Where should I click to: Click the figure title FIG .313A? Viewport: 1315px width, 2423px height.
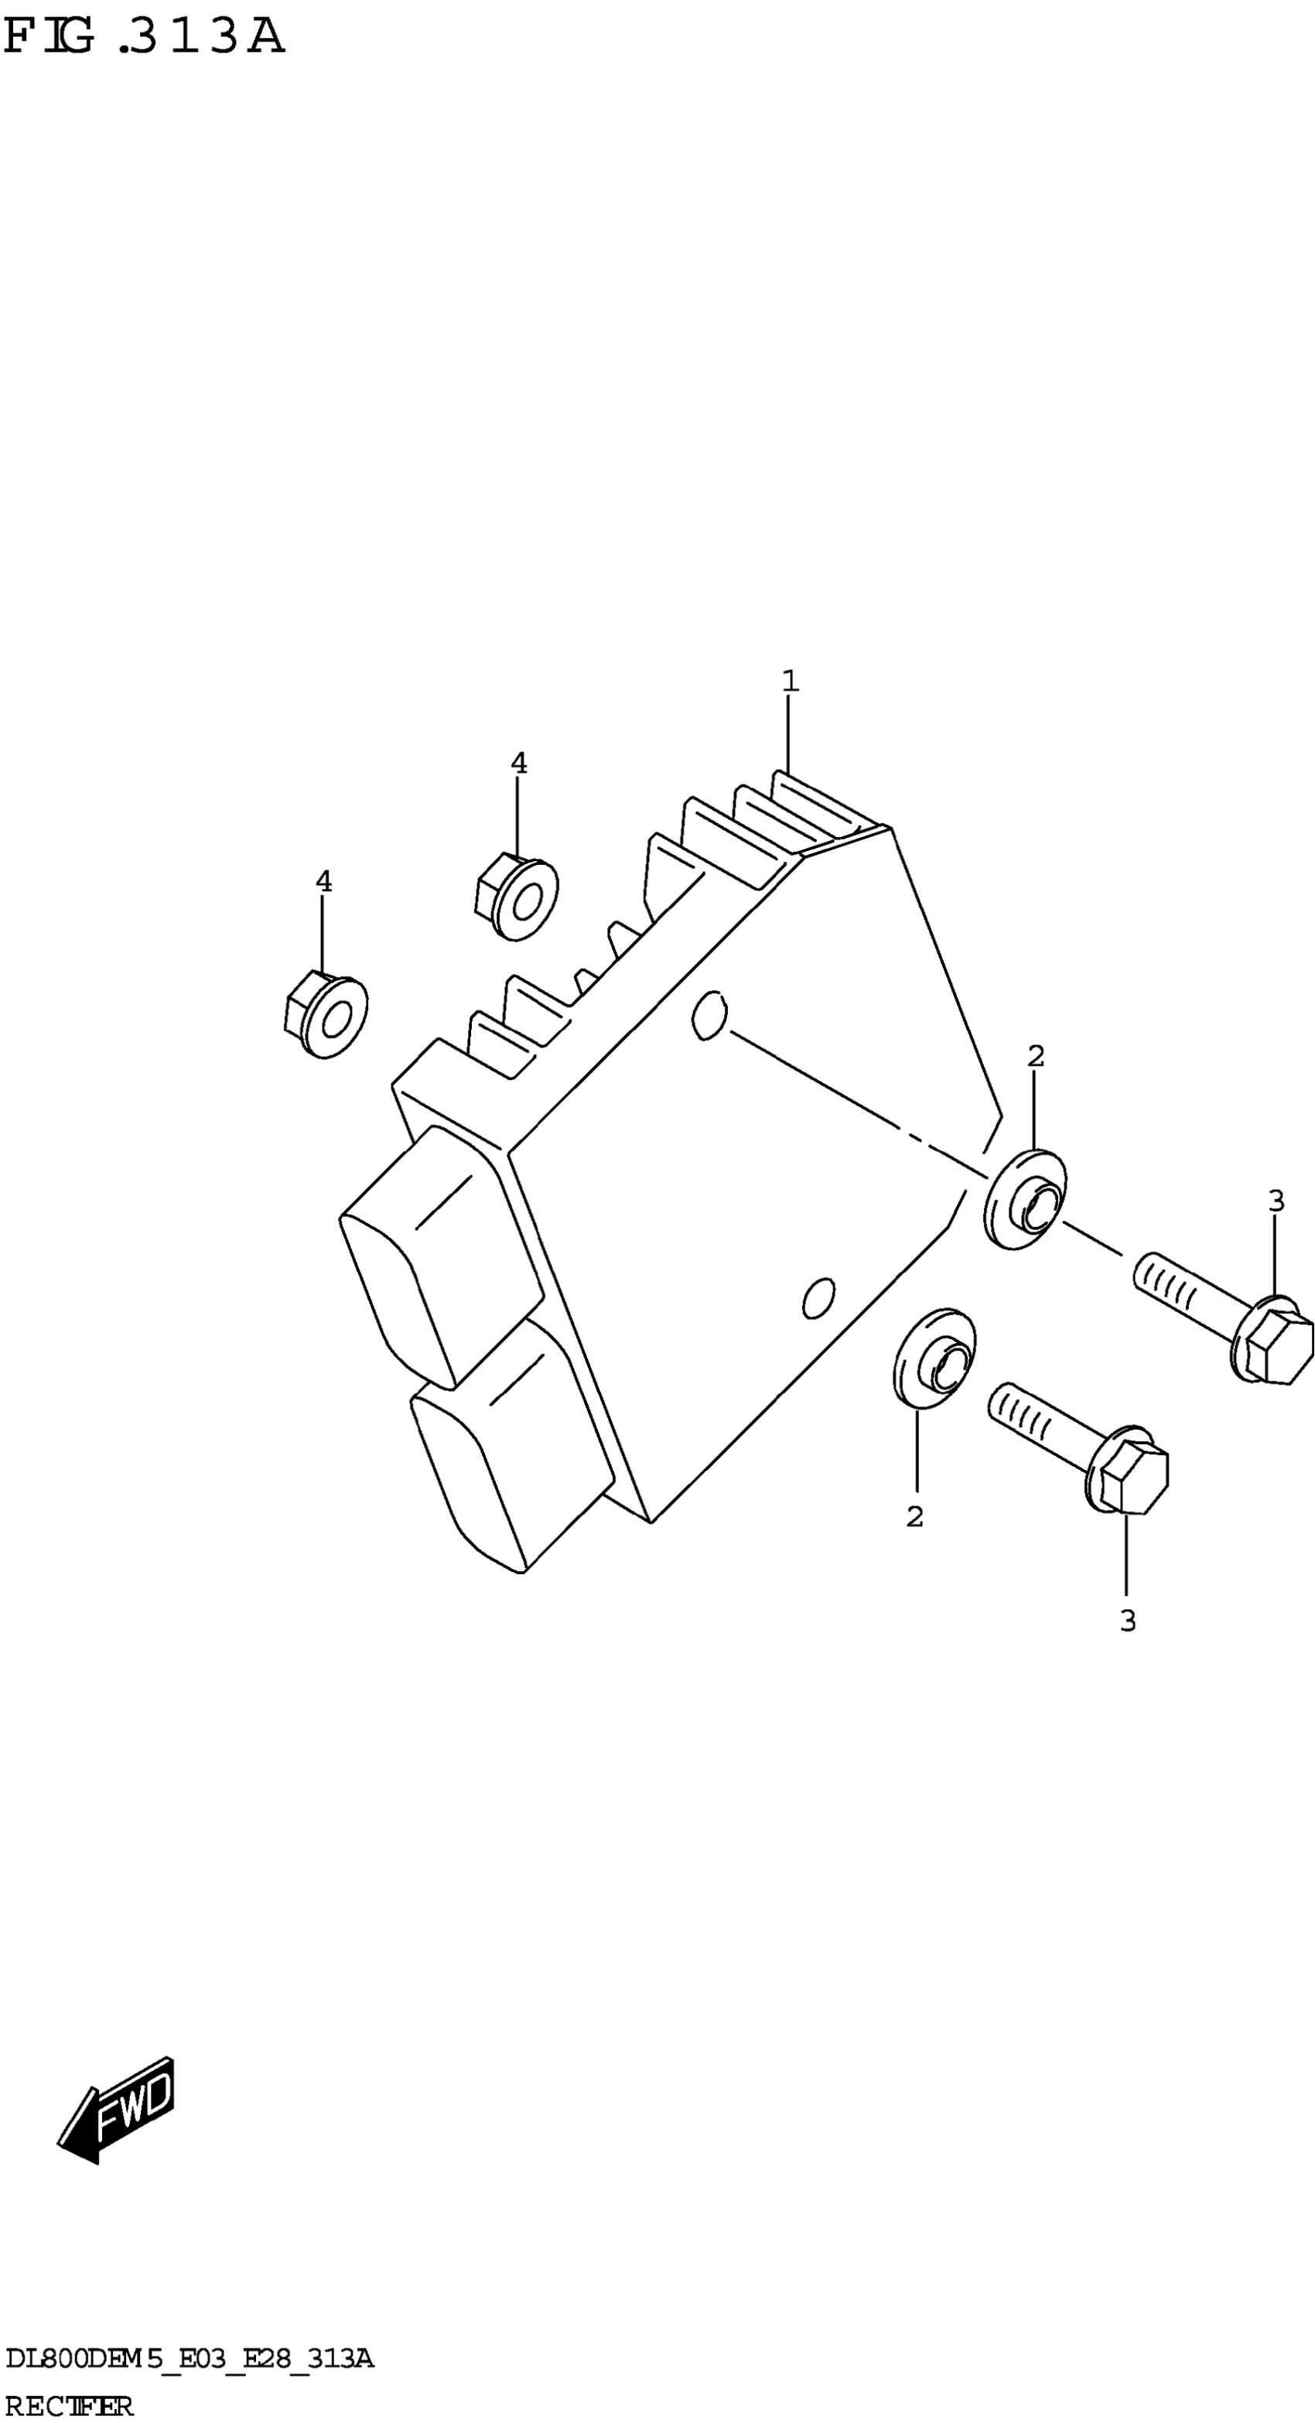tap(143, 38)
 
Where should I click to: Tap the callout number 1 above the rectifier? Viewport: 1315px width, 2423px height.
tap(790, 681)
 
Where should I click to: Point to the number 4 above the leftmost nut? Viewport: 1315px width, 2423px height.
tap(323, 881)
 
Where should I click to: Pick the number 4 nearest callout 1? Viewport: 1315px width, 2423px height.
tap(518, 763)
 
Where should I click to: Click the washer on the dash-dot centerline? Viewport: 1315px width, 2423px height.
tap(1025, 1200)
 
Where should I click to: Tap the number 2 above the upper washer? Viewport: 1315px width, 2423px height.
tap(1036, 1056)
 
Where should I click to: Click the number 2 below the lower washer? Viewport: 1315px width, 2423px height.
tap(914, 1516)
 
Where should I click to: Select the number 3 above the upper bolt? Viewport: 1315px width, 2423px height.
tap(1276, 1200)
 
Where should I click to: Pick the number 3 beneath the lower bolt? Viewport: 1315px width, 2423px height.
tap(1128, 1621)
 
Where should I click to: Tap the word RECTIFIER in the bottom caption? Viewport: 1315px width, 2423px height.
tap(70, 2406)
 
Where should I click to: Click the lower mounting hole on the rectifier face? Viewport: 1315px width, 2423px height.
tap(818, 1298)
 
